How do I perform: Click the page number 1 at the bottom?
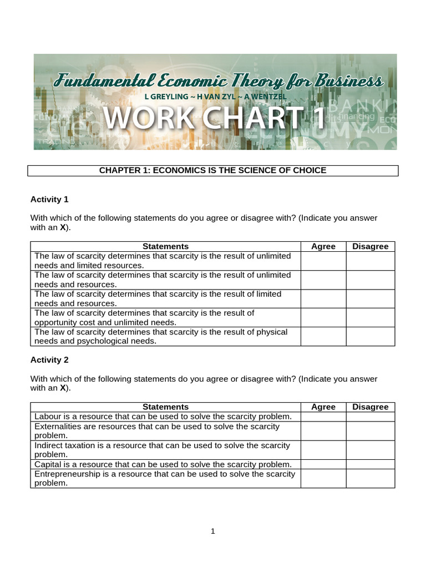(x=212, y=531)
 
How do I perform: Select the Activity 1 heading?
(x=49, y=199)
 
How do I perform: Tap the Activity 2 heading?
(x=49, y=359)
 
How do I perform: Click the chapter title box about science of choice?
(x=212, y=170)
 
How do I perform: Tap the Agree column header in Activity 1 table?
(x=323, y=246)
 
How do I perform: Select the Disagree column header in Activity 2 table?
(x=371, y=407)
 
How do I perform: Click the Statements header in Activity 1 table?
(x=165, y=246)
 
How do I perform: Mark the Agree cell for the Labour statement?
(x=323, y=417)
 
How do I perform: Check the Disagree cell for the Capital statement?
(x=371, y=464)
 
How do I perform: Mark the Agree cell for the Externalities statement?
(x=323, y=431)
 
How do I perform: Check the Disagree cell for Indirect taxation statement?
(x=371, y=450)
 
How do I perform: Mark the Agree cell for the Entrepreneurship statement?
(x=323, y=478)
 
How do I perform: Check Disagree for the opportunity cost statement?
(x=371, y=317)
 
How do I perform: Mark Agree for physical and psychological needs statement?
(x=323, y=336)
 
